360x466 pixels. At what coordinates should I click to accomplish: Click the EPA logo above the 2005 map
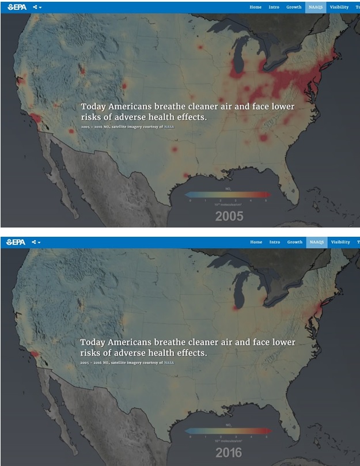(16, 7)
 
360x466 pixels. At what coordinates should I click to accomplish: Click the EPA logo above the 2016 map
(16, 243)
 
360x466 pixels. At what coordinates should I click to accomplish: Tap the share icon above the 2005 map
(36, 7)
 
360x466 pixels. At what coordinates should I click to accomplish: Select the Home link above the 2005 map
(255, 7)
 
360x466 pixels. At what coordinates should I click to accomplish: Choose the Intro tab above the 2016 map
(274, 242)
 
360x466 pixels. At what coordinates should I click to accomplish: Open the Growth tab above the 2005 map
(294, 7)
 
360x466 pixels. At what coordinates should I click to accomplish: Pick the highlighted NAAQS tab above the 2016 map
(316, 242)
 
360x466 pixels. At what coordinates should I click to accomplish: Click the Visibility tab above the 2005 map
(339, 7)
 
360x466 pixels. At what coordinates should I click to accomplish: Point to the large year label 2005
(229, 217)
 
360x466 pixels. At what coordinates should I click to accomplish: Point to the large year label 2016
(229, 452)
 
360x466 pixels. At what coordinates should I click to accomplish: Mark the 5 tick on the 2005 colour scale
(266, 200)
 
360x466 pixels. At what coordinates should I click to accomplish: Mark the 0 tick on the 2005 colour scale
(190, 200)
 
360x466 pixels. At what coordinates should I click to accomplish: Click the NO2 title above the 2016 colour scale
(228, 425)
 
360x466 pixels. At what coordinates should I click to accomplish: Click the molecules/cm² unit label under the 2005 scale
(228, 204)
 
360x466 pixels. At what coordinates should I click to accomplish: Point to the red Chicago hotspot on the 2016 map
(235, 308)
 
